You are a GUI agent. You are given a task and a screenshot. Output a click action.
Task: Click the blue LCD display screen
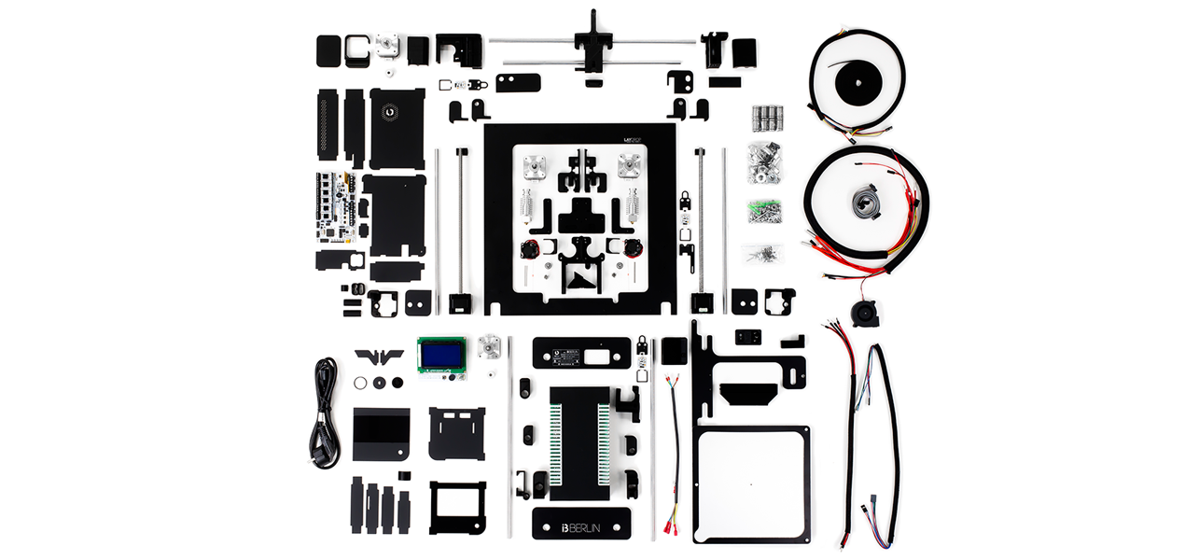click(436, 354)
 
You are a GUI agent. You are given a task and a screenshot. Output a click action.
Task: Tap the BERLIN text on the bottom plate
click(589, 527)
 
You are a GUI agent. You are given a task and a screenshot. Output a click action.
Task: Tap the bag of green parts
click(763, 211)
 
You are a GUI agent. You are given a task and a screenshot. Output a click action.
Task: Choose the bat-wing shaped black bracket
click(379, 357)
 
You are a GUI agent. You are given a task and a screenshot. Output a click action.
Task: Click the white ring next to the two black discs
click(360, 382)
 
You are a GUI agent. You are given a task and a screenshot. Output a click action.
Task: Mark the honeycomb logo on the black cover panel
click(391, 110)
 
